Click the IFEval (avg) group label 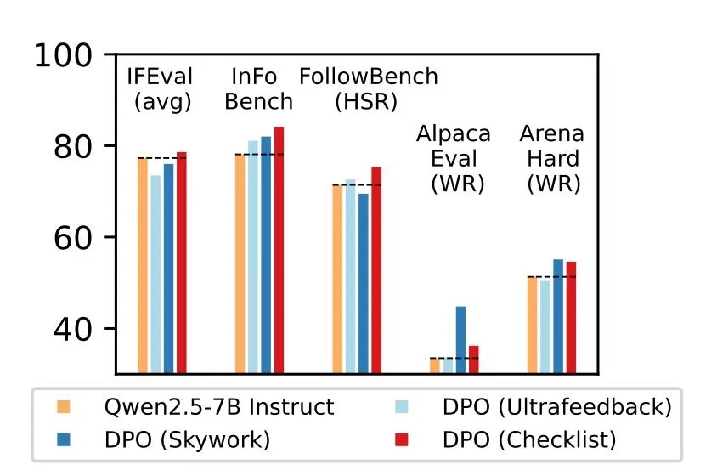pyautogui.click(x=161, y=89)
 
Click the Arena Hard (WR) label pyautogui.click(x=552, y=158)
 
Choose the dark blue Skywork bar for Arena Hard pyautogui.click(x=558, y=316)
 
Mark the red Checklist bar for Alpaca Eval pyautogui.click(x=474, y=359)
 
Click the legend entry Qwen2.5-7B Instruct pyautogui.click(x=218, y=407)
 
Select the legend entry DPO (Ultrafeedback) pyautogui.click(x=556, y=407)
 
